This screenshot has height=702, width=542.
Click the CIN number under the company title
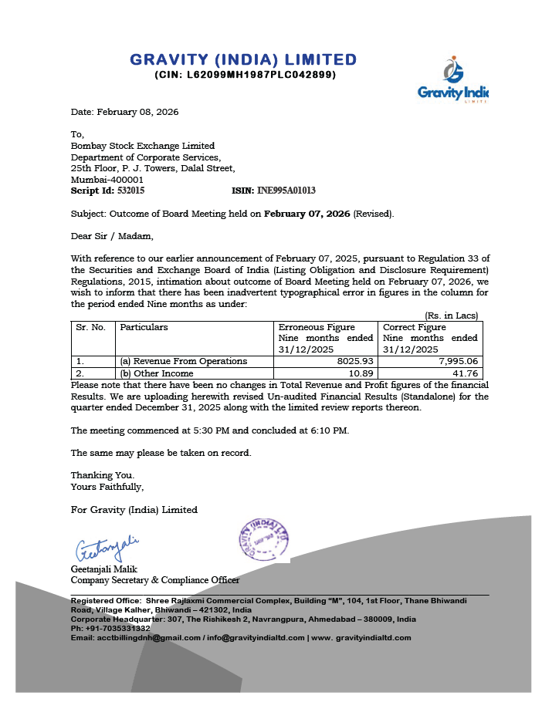tap(245, 75)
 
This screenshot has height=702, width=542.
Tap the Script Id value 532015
tap(129, 190)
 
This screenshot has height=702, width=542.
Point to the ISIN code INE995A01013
tap(285, 190)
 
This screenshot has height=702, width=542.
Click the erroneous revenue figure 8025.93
tap(354, 361)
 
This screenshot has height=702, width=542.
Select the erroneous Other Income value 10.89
tap(361, 373)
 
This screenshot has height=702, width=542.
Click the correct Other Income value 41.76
tap(465, 373)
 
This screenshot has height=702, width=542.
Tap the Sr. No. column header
tap(91, 327)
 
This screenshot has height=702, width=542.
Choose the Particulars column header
tap(144, 327)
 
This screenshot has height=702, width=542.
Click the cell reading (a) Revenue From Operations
tap(183, 361)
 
